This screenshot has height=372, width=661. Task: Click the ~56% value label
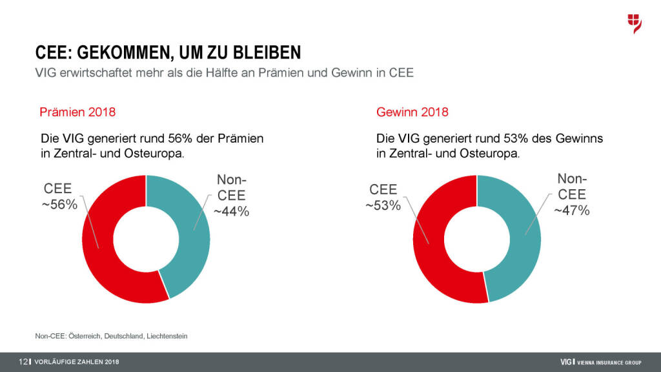tap(61, 204)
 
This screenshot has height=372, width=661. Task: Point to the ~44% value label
tap(231, 211)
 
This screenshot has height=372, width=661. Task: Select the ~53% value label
tap(383, 205)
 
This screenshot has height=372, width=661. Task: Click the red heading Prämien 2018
tap(77, 112)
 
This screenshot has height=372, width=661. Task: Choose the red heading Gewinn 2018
tap(412, 112)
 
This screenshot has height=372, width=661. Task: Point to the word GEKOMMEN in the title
tap(123, 52)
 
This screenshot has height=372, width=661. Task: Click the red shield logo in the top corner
tap(635, 23)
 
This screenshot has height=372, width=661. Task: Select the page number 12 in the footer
tap(23, 361)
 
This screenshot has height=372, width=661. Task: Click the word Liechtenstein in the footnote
tap(167, 336)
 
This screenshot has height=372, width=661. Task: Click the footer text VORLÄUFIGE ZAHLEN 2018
tap(77, 361)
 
